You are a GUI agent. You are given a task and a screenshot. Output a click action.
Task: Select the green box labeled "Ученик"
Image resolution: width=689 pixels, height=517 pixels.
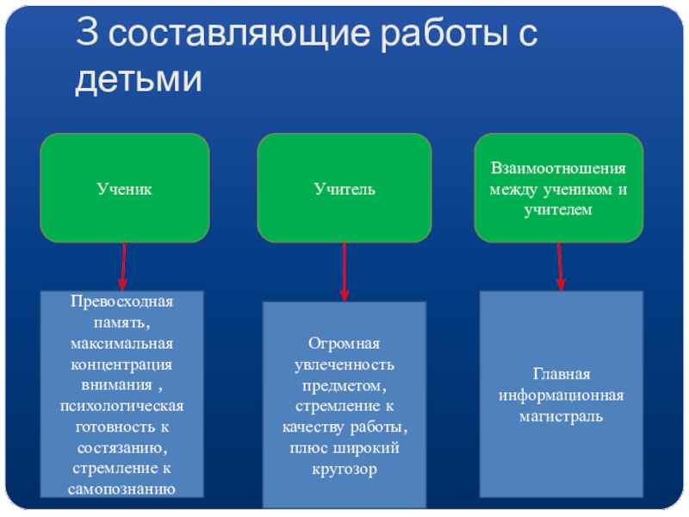coord(125,188)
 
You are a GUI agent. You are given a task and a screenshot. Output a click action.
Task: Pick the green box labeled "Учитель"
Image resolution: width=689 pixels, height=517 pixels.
coord(344,188)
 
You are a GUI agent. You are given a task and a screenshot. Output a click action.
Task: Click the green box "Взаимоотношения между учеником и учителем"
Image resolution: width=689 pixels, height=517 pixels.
coord(559,188)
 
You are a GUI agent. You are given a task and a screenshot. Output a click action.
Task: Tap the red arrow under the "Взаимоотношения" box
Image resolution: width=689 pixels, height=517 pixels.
coord(561,265)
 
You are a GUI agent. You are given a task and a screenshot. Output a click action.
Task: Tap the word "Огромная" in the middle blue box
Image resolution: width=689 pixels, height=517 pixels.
coord(344,346)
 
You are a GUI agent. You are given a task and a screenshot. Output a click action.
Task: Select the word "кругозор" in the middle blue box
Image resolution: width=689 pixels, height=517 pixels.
coord(344,470)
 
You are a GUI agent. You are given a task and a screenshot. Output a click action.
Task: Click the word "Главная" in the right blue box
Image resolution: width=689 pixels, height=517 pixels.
coord(561,375)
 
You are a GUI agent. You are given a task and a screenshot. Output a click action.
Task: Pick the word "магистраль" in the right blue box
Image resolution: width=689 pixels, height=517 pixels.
coord(561,416)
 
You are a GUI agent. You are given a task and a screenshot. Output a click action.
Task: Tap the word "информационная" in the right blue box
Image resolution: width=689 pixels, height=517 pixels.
coord(561,396)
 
